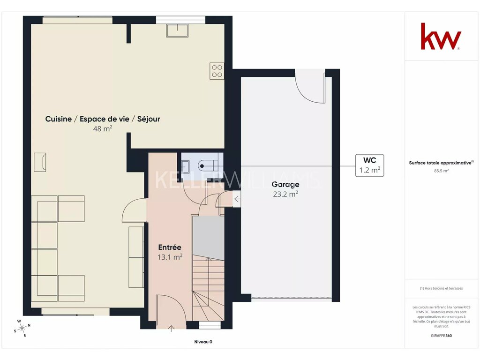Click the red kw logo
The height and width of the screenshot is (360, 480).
[x=441, y=36]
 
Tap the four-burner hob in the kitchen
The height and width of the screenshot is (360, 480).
[x=217, y=71]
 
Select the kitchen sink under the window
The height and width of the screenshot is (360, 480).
[x=177, y=30]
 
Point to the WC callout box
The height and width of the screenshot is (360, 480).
[x=369, y=165]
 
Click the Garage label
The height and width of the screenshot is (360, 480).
[x=285, y=184]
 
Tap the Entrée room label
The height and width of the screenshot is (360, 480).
[x=170, y=247]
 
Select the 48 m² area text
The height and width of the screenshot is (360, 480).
[x=103, y=128]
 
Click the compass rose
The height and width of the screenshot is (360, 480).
[x=22, y=328]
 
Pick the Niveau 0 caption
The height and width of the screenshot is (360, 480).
[x=203, y=342]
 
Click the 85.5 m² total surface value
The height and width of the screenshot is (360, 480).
[x=441, y=171]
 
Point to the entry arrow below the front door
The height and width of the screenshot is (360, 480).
[x=171, y=329]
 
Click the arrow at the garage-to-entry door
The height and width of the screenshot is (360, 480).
[x=237, y=199]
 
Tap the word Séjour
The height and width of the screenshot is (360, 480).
[x=149, y=119]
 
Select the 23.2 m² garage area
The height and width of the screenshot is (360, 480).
[x=285, y=194]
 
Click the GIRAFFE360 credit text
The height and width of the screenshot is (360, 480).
[x=441, y=336]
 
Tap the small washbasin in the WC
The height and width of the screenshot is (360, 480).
[x=186, y=166]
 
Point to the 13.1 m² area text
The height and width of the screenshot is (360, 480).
[x=170, y=257]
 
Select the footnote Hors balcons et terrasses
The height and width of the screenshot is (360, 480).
[x=441, y=288]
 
